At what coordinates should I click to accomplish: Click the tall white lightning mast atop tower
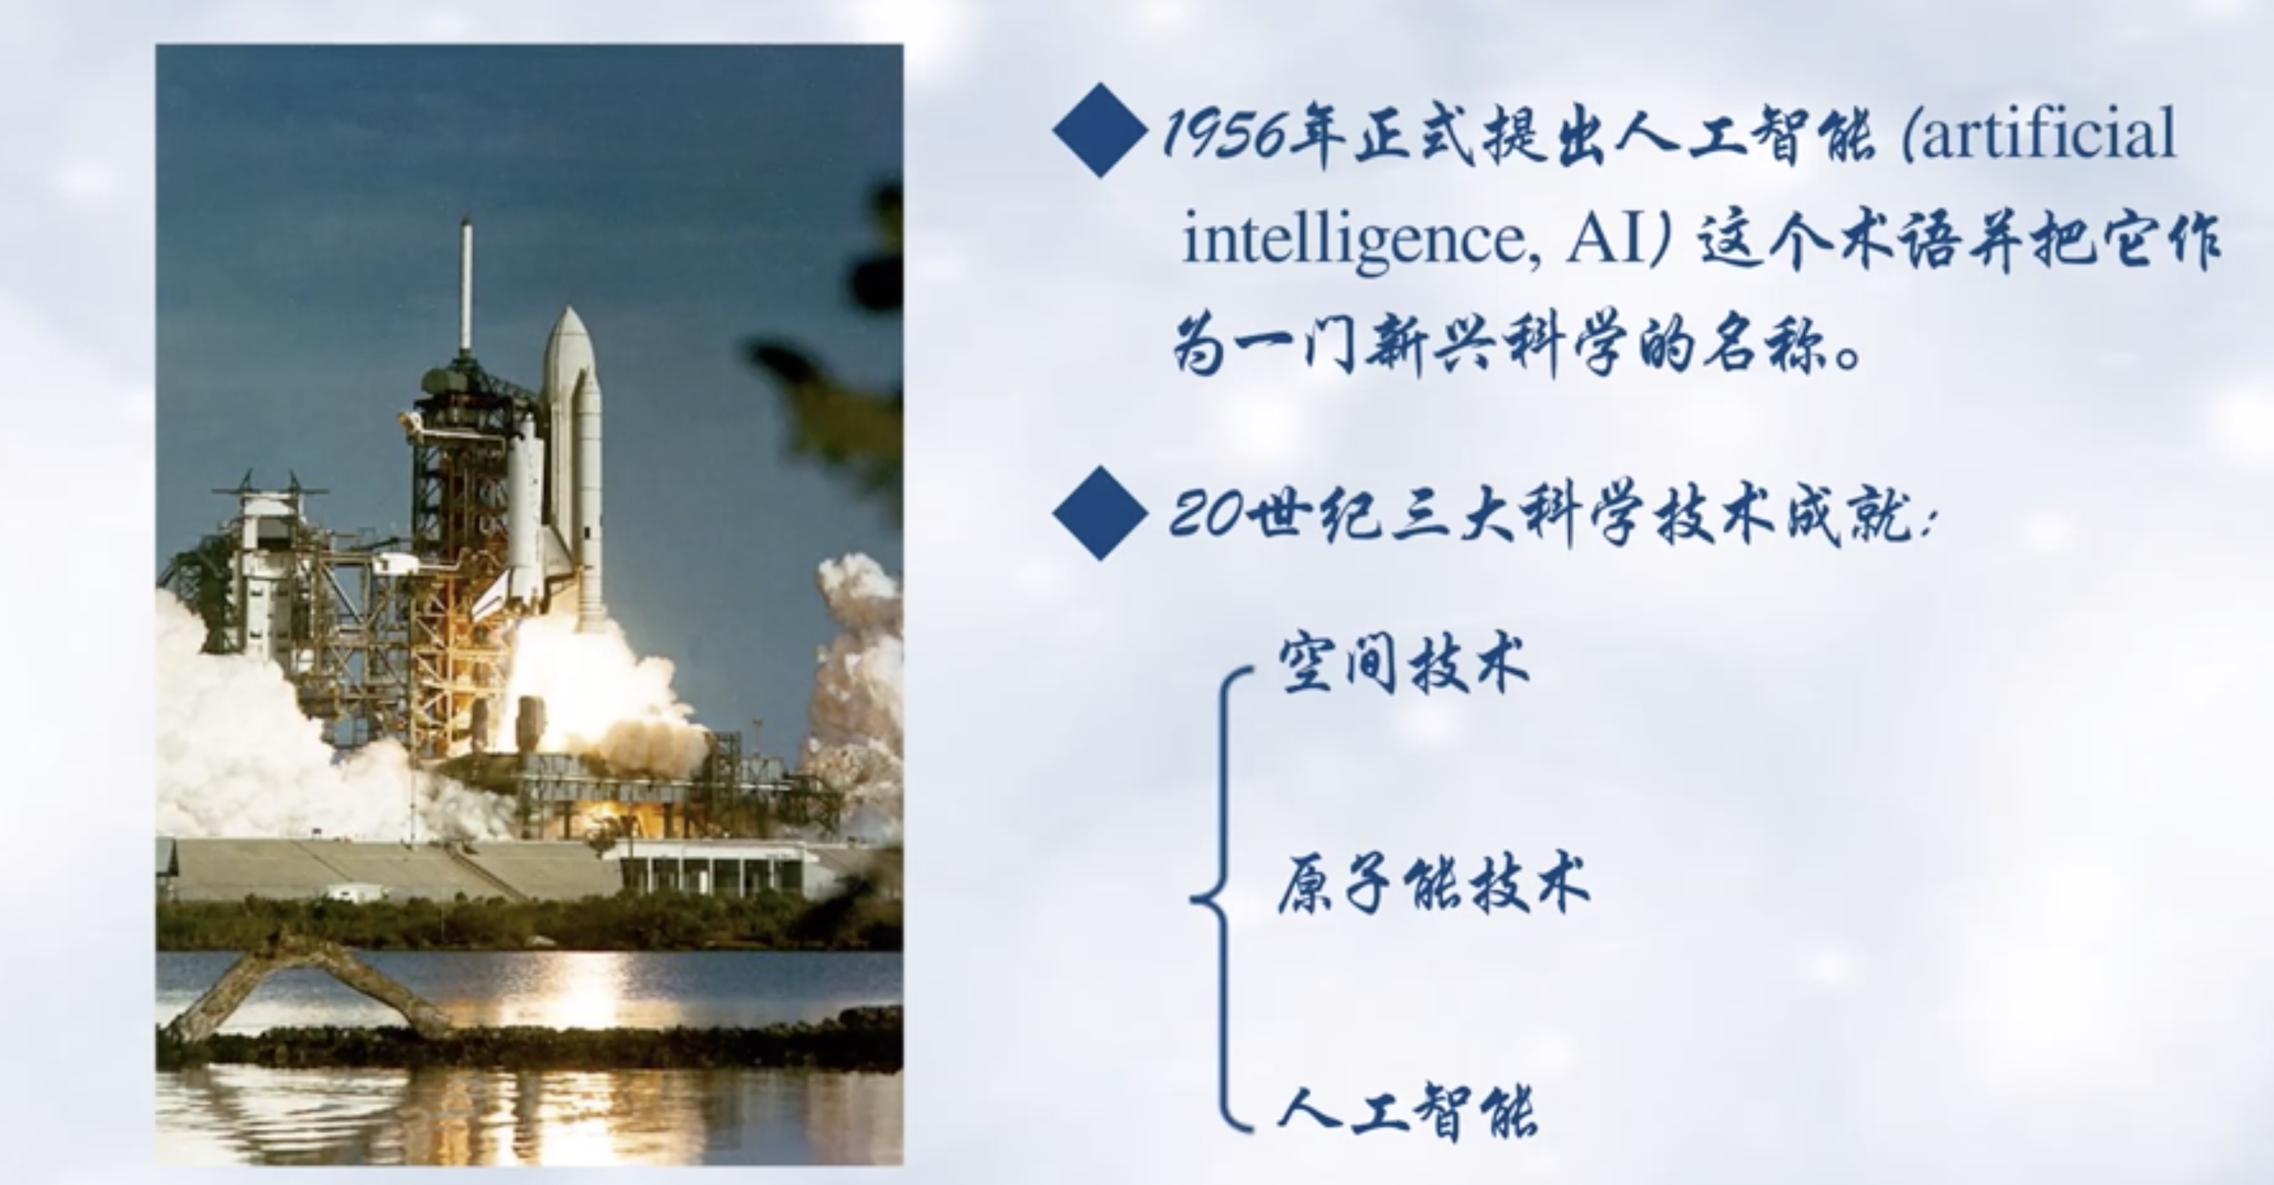pos(465,286)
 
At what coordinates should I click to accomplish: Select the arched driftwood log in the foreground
pos(309,988)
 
